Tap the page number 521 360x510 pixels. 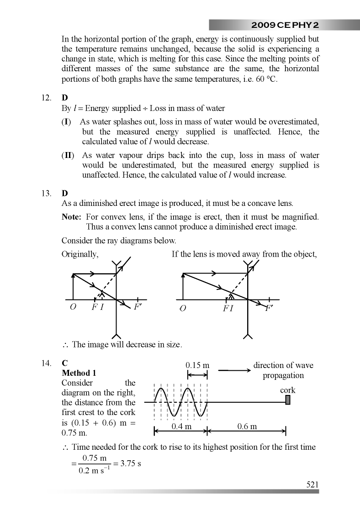pos(312,484)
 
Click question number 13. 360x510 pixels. pos(46,193)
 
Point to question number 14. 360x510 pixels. pos(46,364)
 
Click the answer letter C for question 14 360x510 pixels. pos(65,364)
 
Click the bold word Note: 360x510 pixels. pos(71,217)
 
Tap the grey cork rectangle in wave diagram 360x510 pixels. pos(288,400)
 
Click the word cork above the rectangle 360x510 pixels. pos(288,390)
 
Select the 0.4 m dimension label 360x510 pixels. pos(181,426)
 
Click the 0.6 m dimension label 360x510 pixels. pos(247,426)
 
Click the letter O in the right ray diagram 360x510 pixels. pos(183,309)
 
